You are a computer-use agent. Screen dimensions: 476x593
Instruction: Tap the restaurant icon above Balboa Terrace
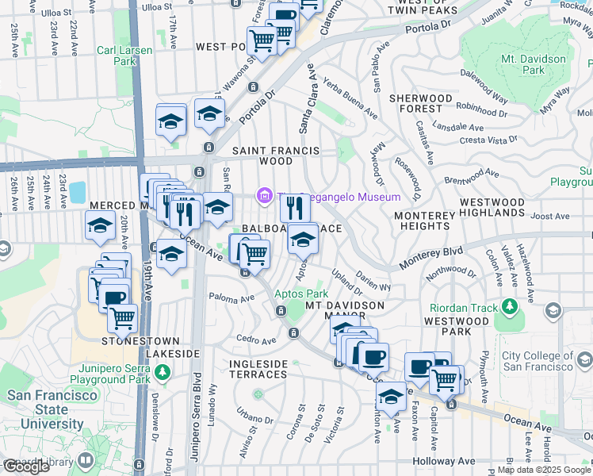(x=294, y=209)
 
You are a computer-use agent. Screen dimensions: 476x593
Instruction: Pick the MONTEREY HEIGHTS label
(x=424, y=221)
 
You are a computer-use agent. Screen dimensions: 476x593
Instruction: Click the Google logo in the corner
(x=26, y=466)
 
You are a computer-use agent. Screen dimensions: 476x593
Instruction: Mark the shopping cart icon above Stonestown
(x=122, y=318)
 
